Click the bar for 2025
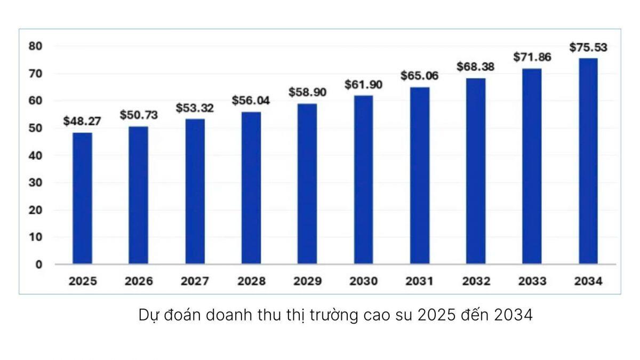click(82, 198)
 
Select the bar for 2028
click(251, 188)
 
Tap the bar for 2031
click(420, 175)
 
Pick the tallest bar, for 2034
click(588, 161)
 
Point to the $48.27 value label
click(82, 121)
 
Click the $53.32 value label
click(195, 108)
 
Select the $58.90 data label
click(307, 92)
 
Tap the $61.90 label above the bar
click(364, 84)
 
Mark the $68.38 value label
click(476, 67)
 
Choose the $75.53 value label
click(588, 47)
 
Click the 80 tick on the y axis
click(35, 46)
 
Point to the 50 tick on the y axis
click(35, 128)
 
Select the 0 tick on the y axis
click(38, 265)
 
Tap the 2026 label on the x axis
click(139, 282)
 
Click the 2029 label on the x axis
click(307, 282)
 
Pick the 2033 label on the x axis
click(532, 282)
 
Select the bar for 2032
click(476, 171)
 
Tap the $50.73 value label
click(138, 115)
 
